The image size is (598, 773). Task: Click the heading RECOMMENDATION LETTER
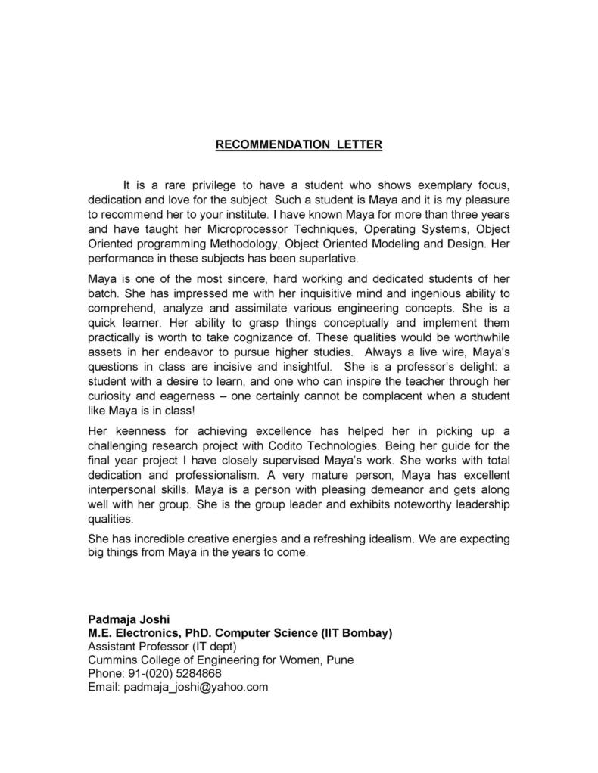(299, 145)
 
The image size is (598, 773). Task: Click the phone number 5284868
(196, 674)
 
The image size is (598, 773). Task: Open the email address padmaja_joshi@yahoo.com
(196, 688)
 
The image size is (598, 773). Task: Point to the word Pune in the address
(340, 660)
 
